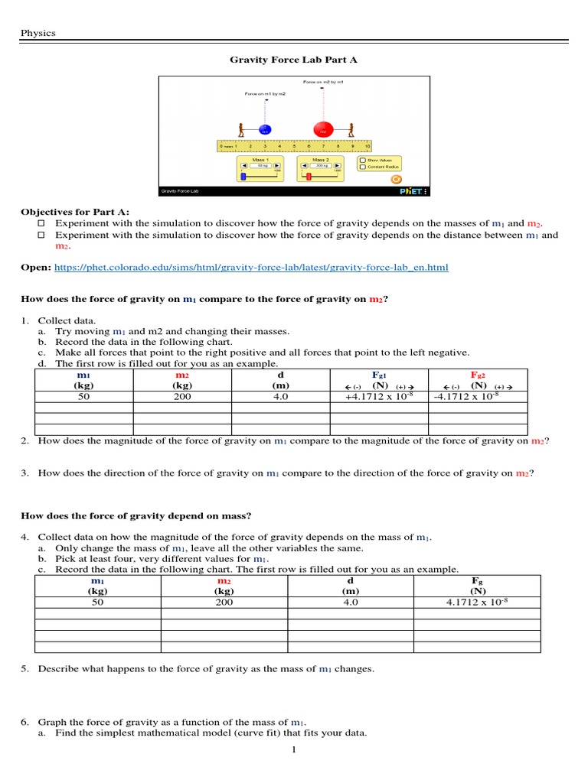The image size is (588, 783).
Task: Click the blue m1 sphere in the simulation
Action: [x=264, y=130]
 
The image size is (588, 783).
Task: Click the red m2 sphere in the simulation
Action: [x=322, y=131]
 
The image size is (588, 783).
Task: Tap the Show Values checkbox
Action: [x=363, y=160]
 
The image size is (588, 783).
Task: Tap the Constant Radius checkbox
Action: [x=363, y=167]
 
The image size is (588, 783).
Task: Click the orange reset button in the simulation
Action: [x=396, y=180]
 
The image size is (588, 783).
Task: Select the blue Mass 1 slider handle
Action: [x=243, y=176]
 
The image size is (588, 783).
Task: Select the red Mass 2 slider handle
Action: [x=309, y=176]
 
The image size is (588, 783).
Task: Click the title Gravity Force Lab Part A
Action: [x=294, y=59]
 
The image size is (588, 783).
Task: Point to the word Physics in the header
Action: [x=38, y=33]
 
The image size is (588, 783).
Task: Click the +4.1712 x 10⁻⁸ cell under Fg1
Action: [x=379, y=397]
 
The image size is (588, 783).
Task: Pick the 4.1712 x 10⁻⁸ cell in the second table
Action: [x=477, y=603]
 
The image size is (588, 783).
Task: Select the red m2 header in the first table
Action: [x=182, y=375]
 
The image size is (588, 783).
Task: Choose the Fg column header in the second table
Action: [x=477, y=580]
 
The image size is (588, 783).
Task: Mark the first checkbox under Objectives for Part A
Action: [x=42, y=223]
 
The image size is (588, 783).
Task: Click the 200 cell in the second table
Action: [x=224, y=603]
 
